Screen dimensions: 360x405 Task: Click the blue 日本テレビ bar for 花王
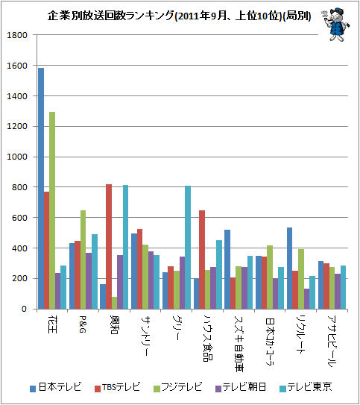point(41,189)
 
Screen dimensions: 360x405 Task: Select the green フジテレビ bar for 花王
point(52,210)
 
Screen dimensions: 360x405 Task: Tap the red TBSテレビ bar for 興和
point(109,247)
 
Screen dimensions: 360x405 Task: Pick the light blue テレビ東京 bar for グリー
point(188,248)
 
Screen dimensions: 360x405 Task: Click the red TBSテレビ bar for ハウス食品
point(202,260)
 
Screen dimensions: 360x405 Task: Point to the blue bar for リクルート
point(289,268)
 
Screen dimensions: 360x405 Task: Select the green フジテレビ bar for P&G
point(83,260)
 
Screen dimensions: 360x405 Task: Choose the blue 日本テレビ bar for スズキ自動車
point(227,269)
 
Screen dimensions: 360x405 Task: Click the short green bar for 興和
point(114,303)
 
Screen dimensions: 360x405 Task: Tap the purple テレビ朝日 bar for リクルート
point(306,299)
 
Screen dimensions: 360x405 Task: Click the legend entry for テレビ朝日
point(241,387)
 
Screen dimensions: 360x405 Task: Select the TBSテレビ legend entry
point(118,387)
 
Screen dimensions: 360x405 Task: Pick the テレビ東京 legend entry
point(306,387)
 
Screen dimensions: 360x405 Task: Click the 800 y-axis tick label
point(19,187)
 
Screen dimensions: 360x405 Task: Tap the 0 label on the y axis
point(25,309)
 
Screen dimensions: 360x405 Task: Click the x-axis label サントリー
point(145,336)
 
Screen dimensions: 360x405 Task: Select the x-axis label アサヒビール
point(332,341)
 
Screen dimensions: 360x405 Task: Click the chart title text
point(179,16)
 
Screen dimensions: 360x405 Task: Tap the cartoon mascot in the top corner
point(335,25)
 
